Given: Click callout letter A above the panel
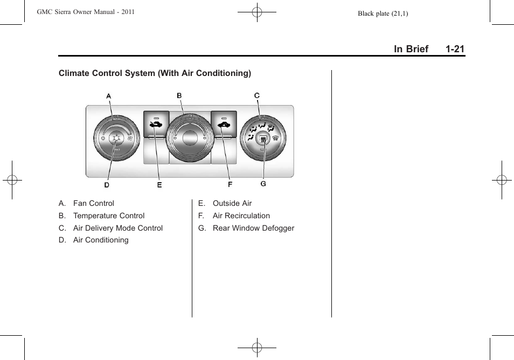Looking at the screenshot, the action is (x=108, y=96).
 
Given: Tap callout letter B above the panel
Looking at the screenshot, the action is (x=179, y=95).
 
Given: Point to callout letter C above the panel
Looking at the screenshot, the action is (x=257, y=95).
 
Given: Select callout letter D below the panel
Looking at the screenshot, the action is (x=107, y=185).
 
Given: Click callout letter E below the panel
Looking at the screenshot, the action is (x=159, y=185).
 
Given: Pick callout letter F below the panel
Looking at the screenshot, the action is (x=230, y=185).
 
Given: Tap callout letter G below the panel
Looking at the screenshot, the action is (x=263, y=184).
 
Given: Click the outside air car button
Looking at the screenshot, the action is (x=156, y=124).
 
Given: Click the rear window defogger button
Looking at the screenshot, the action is (x=263, y=140).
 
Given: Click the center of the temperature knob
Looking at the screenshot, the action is (x=190, y=138).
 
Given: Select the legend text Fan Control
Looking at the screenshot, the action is (x=94, y=203).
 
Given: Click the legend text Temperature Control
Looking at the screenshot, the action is (x=109, y=216).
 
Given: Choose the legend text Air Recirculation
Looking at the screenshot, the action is (x=241, y=216).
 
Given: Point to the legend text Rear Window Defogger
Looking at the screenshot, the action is (x=253, y=228).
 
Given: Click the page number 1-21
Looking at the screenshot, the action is (x=455, y=49).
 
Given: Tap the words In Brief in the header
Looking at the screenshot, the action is (x=411, y=49).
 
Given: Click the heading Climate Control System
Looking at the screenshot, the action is (x=107, y=73).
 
